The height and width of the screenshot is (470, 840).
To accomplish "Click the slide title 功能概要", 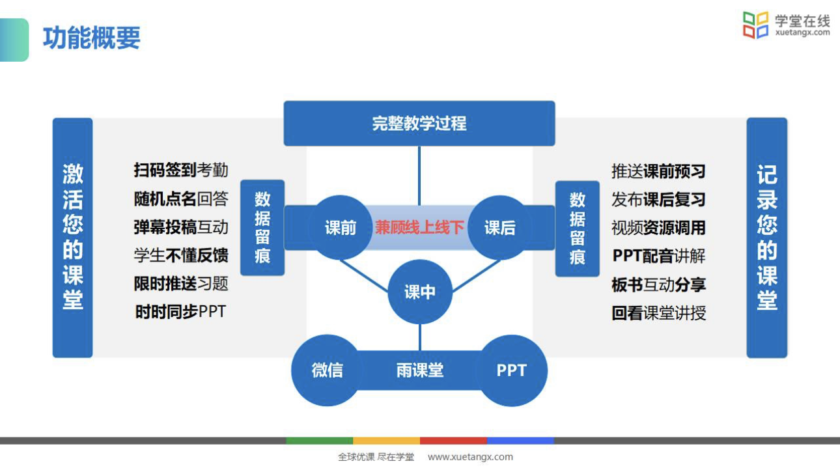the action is pos(92,38).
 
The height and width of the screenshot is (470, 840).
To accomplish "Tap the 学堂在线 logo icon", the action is pos(755,25).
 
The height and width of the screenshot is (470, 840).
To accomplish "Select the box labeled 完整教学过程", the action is pos(419,123).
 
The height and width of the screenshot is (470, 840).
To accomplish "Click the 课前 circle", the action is pos(340,227).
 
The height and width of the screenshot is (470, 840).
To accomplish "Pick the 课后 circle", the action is pos(500,227).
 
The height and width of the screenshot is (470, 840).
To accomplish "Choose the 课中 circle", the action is pos(420,292).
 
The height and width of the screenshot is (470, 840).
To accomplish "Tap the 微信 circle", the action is pos(328,370).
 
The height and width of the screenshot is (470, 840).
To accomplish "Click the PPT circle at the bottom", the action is pos(512,370).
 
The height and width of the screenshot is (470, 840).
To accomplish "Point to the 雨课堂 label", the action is pos(420,370).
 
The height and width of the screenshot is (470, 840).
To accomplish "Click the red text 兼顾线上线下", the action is pos(419,227).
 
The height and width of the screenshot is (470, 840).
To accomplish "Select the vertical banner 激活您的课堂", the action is pos(73,238).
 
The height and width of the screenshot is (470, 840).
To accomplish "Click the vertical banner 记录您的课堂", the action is pos(767,238).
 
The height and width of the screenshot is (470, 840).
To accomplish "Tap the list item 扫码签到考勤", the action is pos(181,170).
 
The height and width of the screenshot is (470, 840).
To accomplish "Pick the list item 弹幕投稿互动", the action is pos(181,227).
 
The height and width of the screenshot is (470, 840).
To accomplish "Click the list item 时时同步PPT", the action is pos(180,311).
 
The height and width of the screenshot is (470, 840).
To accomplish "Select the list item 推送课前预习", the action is pos(658,171).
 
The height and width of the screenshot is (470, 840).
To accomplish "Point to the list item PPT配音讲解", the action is pos(659,256).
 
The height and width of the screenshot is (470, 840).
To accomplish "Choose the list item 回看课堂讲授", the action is pos(658,313).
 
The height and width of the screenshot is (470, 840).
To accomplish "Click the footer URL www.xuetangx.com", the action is pos(470,457).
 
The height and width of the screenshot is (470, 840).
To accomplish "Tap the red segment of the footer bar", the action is pos(453,441).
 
